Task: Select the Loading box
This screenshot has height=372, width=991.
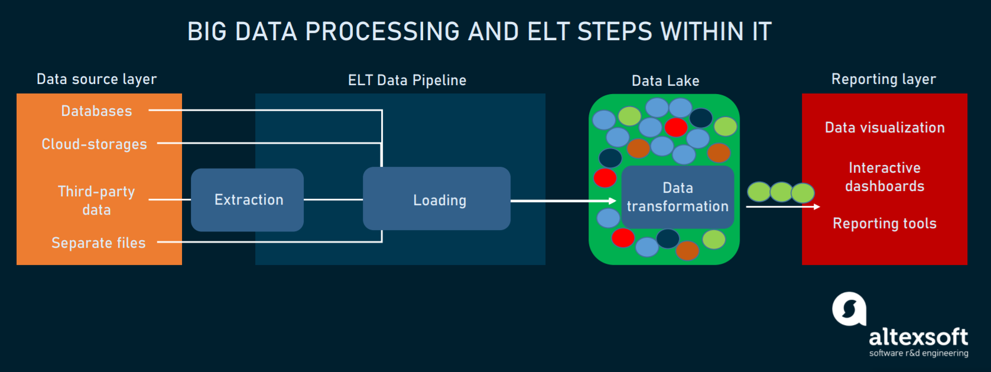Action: click(437, 199)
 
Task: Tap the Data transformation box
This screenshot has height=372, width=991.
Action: click(677, 197)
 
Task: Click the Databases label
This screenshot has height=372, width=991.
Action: click(96, 111)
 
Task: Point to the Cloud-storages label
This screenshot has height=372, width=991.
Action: click(94, 144)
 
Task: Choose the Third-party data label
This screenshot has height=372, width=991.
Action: click(96, 200)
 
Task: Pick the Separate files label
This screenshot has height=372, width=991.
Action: click(98, 243)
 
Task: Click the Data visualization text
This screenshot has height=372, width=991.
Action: click(885, 128)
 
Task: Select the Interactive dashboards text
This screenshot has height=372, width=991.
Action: click(885, 177)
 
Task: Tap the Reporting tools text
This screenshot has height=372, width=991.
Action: click(885, 224)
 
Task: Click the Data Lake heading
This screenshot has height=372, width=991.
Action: click(665, 81)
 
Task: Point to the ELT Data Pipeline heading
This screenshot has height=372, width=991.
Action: click(407, 80)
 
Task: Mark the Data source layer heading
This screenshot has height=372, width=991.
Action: click(96, 79)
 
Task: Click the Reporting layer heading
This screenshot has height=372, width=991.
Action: click(883, 79)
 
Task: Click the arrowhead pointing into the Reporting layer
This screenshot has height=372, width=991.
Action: click(817, 206)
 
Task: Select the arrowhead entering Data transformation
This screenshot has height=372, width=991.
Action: click(613, 201)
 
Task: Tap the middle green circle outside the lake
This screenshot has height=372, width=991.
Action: click(781, 192)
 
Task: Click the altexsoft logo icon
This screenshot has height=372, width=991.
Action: click(849, 309)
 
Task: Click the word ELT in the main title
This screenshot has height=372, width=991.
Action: click(549, 32)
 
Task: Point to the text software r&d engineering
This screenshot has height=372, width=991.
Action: click(918, 353)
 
